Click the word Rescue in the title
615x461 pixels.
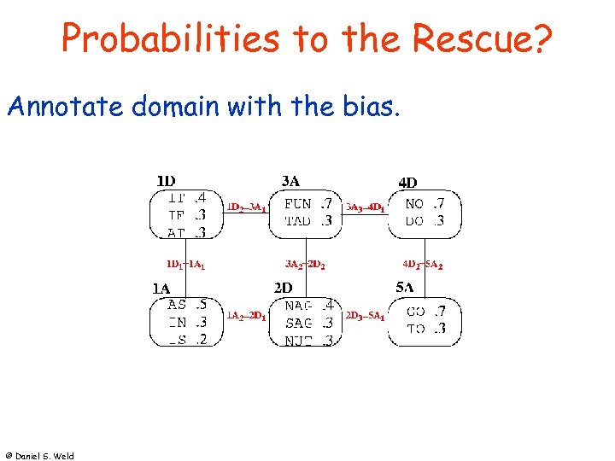483,38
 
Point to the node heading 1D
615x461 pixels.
166,181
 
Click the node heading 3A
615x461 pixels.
291,181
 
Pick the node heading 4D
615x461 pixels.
408,182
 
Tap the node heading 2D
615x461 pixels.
284,289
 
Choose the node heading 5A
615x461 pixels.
406,288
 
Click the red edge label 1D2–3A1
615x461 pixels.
246,207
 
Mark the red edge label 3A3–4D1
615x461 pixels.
365,207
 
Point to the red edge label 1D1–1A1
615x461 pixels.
185,266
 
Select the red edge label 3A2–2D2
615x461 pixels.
305,266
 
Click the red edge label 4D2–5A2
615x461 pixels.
422,266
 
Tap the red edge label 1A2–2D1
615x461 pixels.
246,316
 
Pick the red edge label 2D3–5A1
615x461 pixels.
365,316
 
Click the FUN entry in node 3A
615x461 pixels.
298,204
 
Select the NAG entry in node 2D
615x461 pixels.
298,306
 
